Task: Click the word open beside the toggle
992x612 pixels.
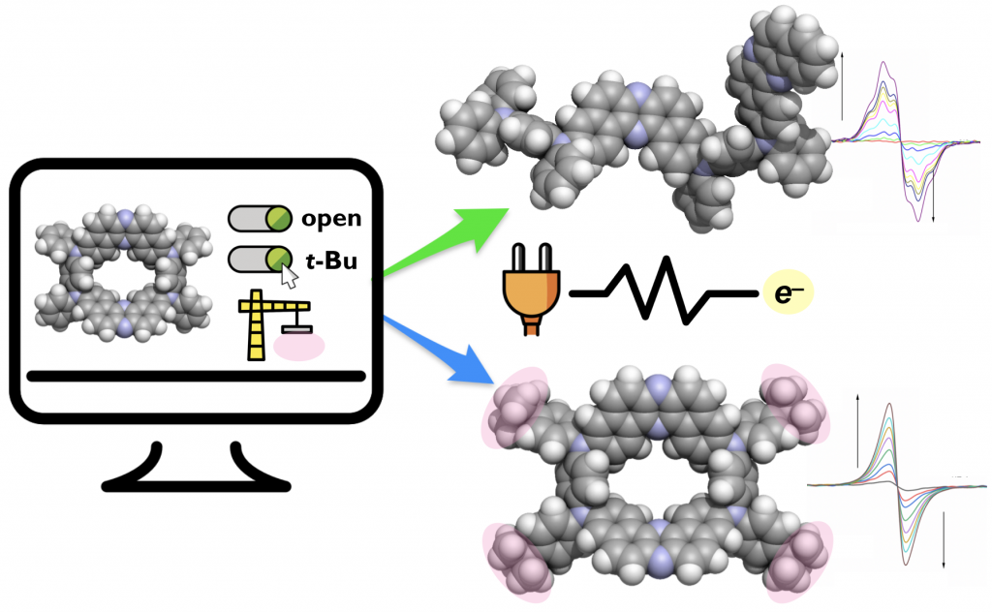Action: pyautogui.click(x=331, y=219)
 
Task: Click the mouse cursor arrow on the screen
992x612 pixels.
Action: pyautogui.click(x=289, y=277)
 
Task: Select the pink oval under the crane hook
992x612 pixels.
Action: pyautogui.click(x=299, y=346)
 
